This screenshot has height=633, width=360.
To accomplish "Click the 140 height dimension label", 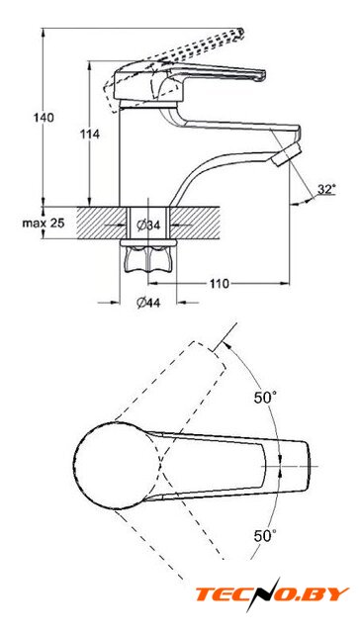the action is pos(44,118).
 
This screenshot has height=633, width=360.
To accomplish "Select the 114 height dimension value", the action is pos(90,135).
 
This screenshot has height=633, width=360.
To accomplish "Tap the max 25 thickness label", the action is pos(44,223).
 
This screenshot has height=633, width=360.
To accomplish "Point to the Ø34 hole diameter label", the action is pos(148,226).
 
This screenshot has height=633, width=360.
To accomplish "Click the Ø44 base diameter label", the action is pos(148,302).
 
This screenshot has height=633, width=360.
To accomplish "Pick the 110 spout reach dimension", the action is pos(219,284).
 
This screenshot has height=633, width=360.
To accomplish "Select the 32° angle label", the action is pos(326,189).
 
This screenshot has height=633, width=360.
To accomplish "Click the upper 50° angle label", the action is pos(265,398).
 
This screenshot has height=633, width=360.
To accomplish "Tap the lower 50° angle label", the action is pos(265,536).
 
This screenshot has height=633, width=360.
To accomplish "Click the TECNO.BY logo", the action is pos(272,594).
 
